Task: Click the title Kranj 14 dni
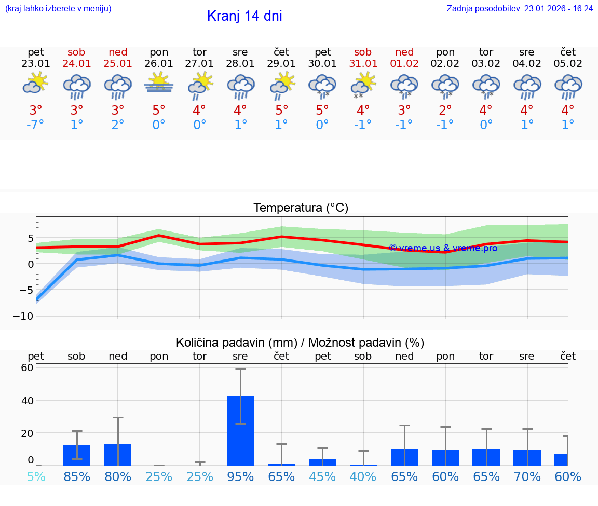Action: [244, 16]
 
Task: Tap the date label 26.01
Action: [159, 64]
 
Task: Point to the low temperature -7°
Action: [36, 125]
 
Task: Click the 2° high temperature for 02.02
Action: [445, 111]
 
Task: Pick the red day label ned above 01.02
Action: [404, 52]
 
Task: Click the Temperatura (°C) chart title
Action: [301, 208]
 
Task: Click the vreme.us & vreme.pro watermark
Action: [443, 248]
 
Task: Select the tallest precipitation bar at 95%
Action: [240, 431]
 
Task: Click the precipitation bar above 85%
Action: [77, 455]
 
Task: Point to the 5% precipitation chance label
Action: [36, 476]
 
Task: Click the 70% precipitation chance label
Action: [527, 476]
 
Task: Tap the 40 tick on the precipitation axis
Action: [27, 401]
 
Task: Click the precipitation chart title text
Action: [300, 343]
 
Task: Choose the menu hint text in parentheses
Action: [58, 9]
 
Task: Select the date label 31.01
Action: [363, 64]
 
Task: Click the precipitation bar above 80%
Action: [118, 455]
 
